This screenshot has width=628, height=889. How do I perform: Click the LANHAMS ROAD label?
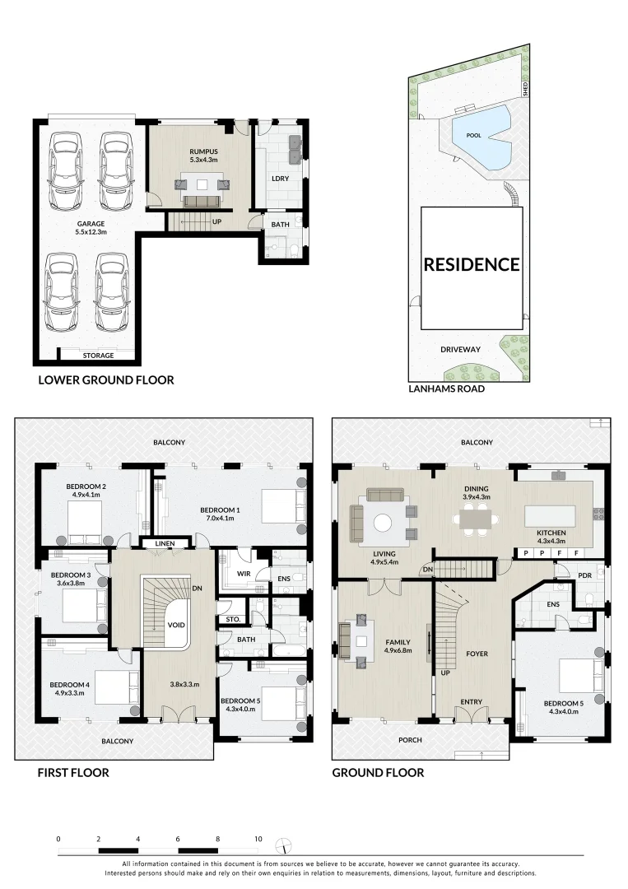point(447,389)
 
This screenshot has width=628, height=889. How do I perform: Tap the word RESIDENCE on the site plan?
point(472,264)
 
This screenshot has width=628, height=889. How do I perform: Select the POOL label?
point(473,134)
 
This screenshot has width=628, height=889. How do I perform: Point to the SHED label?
point(523,86)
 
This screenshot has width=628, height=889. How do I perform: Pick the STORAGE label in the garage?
point(97,356)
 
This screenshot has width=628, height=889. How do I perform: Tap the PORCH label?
point(409,740)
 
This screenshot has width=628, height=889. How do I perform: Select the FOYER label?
point(477,654)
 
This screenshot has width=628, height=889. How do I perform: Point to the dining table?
point(475,519)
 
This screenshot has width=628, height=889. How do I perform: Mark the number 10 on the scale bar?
point(258,839)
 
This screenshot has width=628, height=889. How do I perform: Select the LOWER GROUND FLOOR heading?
point(106,380)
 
